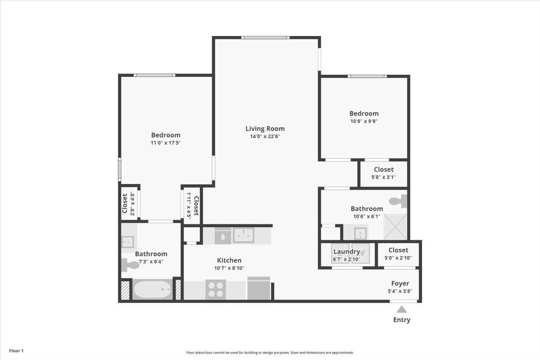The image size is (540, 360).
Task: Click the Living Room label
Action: pos(265,129)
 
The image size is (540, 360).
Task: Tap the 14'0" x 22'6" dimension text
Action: pos(265,136)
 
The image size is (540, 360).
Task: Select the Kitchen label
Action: pos(229,260)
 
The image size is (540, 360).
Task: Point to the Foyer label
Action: pos(400,283)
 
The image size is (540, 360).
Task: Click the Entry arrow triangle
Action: pos(401,309)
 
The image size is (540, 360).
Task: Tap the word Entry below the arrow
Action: pos(401,320)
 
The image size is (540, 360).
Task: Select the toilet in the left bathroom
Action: pos(130,265)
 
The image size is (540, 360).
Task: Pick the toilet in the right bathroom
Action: pos(398,201)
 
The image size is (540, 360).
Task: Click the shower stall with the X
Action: pos(395,227)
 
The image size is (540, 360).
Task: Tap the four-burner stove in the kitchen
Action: pos(216,290)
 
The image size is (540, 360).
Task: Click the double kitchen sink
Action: pos(243,235)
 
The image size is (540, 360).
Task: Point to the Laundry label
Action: pos(346,252)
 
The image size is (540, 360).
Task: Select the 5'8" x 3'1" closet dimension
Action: pos(383,177)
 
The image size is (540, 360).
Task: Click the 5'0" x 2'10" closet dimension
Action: pos(398,258)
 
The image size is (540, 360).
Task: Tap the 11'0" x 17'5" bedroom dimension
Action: pos(166,143)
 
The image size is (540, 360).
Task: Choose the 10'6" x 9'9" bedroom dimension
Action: pos(364,121)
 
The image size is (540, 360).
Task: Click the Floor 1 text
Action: pos(16,351)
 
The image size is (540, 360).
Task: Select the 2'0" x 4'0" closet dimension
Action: pos(132,203)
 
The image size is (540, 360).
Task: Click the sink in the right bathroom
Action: pos(360,234)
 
